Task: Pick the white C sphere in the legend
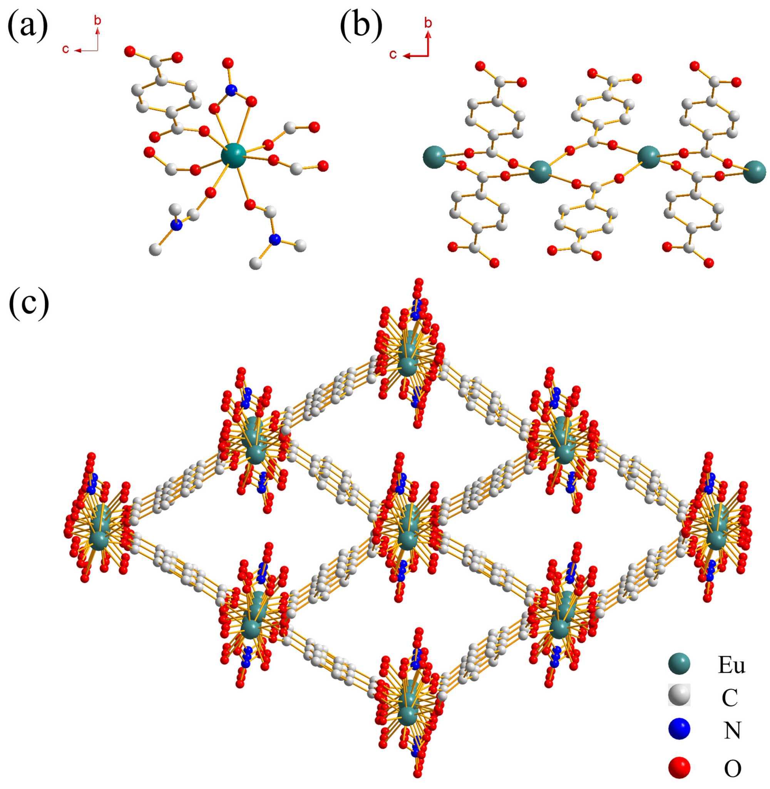pos(680,696)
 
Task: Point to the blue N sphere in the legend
pos(680,730)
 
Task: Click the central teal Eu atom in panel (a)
pos(233,155)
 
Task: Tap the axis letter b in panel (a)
pos(97,20)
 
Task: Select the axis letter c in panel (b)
pos(393,55)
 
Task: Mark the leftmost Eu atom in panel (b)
pos(434,157)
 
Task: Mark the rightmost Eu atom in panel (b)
pos(754,171)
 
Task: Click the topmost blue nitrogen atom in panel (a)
pos(231,90)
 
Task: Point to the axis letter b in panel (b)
pos(428,23)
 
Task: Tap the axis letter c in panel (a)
pos(65,49)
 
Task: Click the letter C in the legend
pos(730,698)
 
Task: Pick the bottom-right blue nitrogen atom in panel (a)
pos(275,240)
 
